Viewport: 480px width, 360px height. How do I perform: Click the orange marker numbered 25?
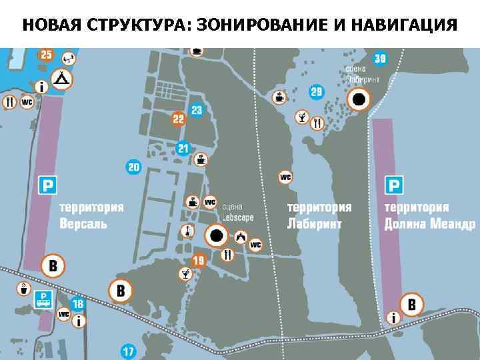pyautogui.click(x=46, y=55)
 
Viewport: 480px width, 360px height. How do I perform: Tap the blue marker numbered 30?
pyautogui.click(x=380, y=59)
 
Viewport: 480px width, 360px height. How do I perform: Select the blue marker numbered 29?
pyautogui.click(x=317, y=91)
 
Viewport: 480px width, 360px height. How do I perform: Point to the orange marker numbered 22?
pyautogui.click(x=178, y=119)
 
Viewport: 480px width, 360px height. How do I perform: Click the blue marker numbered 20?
pyautogui.click(x=134, y=167)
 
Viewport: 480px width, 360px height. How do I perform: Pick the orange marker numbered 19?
pyautogui.click(x=198, y=260)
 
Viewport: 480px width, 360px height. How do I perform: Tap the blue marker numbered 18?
pyautogui.click(x=78, y=304)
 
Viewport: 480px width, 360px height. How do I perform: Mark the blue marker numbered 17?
pyautogui.click(x=128, y=351)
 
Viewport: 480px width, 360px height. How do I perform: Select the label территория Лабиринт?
pyautogui.click(x=319, y=215)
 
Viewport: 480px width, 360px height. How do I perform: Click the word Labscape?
pyautogui.click(x=237, y=217)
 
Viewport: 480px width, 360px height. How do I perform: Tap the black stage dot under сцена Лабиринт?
pyautogui.click(x=359, y=99)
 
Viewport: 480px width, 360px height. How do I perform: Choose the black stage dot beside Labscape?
pyautogui.click(x=217, y=235)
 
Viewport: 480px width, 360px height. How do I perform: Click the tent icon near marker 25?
pyautogui.click(x=63, y=79)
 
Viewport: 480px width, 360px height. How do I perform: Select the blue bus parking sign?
pyautogui.click(x=45, y=299)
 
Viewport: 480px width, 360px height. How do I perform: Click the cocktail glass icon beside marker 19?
pyautogui.click(x=184, y=273)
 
